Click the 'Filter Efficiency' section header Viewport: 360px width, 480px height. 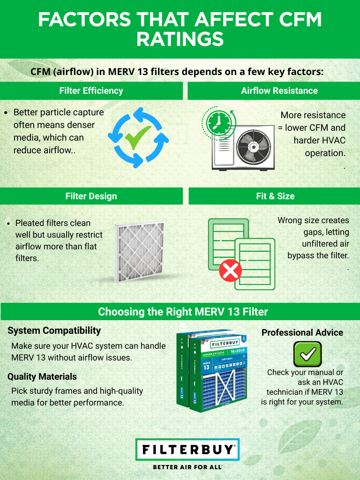91,91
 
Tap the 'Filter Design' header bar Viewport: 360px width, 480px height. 91,196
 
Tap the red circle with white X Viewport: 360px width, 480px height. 231,271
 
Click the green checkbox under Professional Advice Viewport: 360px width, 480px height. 307,354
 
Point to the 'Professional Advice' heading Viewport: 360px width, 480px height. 302,332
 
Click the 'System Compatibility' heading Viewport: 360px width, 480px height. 54,330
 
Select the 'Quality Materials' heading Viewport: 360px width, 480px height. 42,376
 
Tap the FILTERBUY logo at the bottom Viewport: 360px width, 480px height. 187,450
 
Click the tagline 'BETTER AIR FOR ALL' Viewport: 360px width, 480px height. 187,467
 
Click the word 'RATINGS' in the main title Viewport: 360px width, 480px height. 180,39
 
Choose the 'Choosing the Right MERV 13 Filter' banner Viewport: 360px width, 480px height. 183,312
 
